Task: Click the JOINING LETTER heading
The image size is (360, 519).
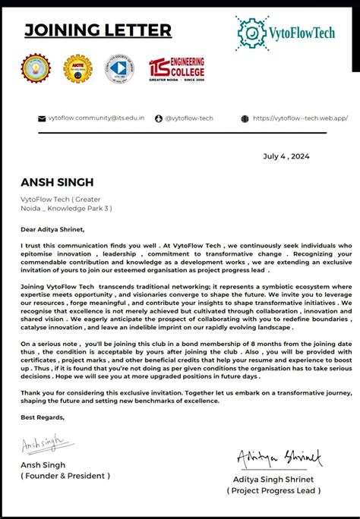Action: pos(98,30)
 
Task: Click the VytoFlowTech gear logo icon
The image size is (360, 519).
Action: pos(251,32)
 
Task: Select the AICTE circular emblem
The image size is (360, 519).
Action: pos(77,68)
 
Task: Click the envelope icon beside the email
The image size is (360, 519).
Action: pos(42,118)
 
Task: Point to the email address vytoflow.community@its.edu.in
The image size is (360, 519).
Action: pos(96,118)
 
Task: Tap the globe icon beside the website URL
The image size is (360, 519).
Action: pos(245,118)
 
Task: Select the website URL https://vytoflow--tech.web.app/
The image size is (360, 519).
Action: pos(300,118)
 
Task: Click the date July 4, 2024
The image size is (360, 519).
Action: pos(287,156)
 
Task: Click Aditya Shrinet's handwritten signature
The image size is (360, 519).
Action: pos(279,458)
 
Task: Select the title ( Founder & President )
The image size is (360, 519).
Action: pos(65,476)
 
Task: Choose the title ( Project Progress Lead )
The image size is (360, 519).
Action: pos(273,491)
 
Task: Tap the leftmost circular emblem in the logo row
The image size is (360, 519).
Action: pos(34,68)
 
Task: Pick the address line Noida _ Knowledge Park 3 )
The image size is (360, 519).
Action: pos(66,207)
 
